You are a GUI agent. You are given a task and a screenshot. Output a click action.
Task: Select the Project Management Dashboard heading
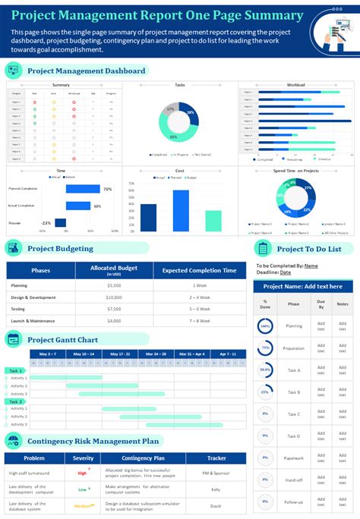click(x=86, y=71)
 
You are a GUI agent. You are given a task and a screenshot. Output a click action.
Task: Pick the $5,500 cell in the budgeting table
click(x=113, y=285)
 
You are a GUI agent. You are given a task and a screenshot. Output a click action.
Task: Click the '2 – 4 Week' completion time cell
click(x=200, y=297)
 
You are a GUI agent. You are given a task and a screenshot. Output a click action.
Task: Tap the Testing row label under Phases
click(x=19, y=309)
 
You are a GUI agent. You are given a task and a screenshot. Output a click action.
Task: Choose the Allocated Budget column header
click(x=113, y=270)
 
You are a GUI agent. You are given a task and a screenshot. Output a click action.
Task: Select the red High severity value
click(x=82, y=473)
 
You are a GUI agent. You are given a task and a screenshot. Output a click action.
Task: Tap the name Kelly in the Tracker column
click(x=216, y=489)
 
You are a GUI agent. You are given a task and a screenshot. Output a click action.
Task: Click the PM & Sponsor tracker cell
click(x=216, y=473)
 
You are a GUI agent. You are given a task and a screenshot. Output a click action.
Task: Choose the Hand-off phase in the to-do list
click(x=293, y=480)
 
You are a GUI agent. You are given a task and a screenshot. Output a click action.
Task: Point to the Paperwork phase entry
click(x=293, y=458)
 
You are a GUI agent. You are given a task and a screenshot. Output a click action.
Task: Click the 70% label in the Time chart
click(x=107, y=189)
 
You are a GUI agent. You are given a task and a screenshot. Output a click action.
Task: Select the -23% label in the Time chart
click(x=46, y=223)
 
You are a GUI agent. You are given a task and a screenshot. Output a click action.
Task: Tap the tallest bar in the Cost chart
click(x=181, y=209)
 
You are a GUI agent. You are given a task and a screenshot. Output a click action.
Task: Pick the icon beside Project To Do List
click(x=262, y=248)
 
